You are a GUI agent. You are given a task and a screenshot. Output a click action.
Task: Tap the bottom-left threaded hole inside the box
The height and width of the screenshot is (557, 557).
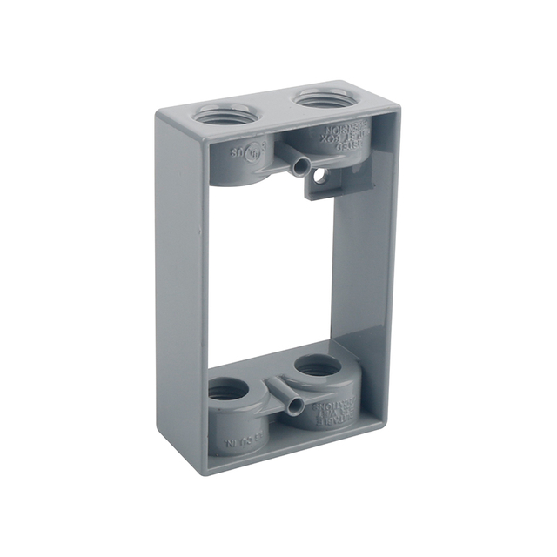click(227, 391)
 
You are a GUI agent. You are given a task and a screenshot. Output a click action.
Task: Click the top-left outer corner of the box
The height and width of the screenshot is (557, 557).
click(158, 111)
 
